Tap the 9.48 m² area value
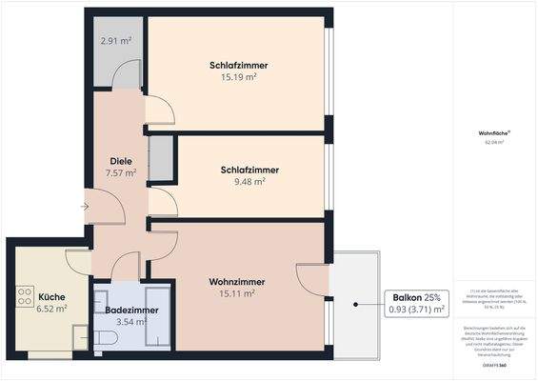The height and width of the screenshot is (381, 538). [x=243, y=182]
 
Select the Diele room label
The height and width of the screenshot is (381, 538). [x=121, y=161]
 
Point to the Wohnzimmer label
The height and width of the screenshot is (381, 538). [x=237, y=282]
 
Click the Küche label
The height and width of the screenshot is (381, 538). [x=51, y=295]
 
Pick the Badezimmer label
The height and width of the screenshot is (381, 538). [x=131, y=311]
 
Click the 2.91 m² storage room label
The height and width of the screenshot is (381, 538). [x=116, y=41]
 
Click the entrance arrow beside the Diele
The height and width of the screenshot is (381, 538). [x=86, y=204]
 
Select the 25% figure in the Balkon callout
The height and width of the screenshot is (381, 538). [x=433, y=296]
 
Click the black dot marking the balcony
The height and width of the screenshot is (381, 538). [x=356, y=305]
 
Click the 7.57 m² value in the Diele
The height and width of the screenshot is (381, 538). [x=121, y=173]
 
